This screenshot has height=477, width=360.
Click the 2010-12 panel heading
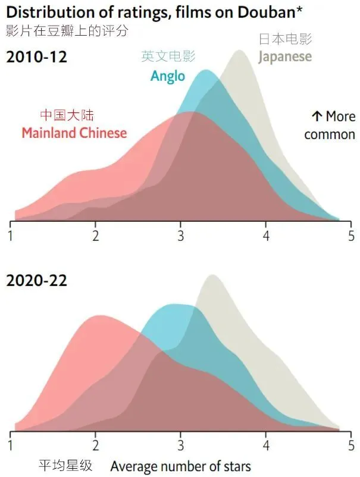36,58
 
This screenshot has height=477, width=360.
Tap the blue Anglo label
168,76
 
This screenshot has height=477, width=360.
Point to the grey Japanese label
284,57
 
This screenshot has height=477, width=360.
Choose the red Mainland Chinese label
74,133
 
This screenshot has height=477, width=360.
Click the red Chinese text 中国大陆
67,115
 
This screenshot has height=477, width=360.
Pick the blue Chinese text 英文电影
168,57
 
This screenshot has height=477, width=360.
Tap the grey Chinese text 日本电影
285,39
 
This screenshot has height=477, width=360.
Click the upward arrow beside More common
316,116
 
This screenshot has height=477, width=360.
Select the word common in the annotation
329,134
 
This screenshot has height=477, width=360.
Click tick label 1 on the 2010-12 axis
10,235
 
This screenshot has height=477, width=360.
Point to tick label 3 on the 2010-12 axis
180,235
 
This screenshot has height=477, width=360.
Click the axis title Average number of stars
180,466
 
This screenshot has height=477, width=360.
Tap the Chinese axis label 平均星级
66,465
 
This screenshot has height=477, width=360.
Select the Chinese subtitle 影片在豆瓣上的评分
67,30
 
